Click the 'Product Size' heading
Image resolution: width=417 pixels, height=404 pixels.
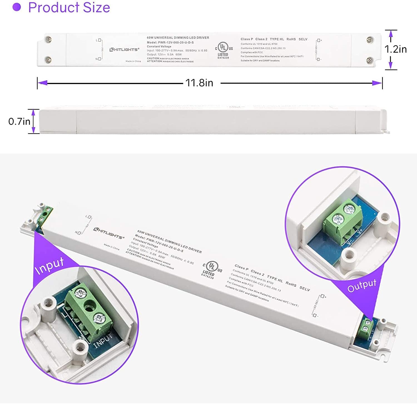(69, 8)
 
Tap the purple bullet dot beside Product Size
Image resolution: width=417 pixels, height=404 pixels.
(17, 7)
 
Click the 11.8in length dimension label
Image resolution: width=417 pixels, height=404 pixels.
(199, 83)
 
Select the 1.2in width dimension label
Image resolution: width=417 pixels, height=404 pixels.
(395, 49)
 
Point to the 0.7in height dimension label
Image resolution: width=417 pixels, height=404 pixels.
(19, 121)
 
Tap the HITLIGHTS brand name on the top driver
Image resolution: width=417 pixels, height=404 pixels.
(124, 50)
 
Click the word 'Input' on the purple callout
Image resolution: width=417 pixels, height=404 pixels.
(49, 265)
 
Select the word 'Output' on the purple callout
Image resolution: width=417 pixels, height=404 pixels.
(362, 285)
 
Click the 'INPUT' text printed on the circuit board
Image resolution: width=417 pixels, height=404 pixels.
(103, 340)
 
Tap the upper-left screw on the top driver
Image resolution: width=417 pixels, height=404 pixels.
(49, 40)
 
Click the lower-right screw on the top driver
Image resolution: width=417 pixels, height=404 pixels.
(370, 60)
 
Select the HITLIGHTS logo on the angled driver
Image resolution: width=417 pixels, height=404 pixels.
(108, 233)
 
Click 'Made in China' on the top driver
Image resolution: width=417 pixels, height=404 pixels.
(133, 61)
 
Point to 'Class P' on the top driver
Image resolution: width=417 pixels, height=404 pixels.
(247, 39)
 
